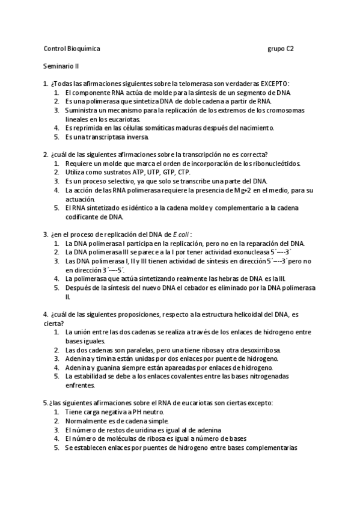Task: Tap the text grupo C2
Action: click(280, 48)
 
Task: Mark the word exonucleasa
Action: click(234, 252)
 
